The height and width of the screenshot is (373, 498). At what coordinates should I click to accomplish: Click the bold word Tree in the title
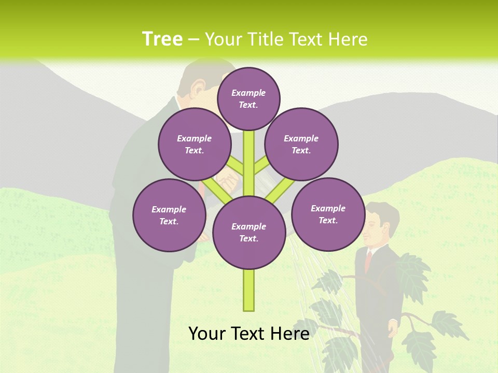point(162,39)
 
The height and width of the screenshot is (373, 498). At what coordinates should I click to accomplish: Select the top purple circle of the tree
point(248,98)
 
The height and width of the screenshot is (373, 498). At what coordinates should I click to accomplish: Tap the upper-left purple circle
point(195,144)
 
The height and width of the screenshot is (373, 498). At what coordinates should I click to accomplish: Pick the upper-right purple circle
point(301,144)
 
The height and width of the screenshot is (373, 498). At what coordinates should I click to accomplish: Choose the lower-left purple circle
point(169,215)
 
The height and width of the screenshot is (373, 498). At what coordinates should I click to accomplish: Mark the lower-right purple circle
point(328,214)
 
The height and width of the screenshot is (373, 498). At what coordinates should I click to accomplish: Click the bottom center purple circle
point(249,233)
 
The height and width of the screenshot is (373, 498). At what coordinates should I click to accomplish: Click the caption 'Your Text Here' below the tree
point(249,334)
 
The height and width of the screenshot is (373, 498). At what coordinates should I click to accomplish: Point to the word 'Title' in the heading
point(268,39)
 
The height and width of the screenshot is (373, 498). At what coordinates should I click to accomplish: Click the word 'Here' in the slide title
point(348,39)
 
